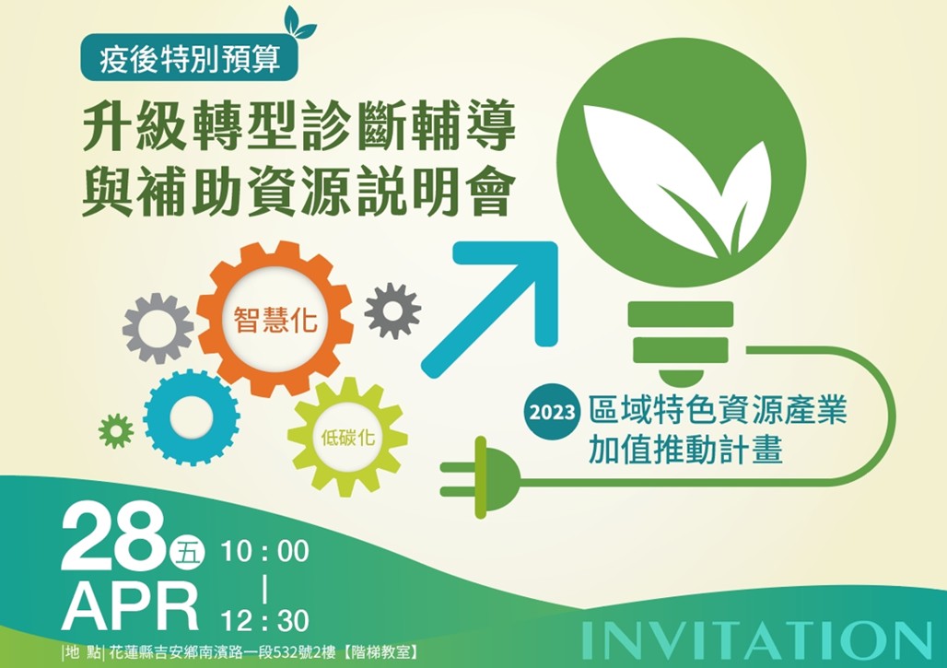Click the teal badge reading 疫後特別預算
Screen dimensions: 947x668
click(x=189, y=58)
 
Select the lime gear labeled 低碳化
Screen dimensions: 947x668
click(x=347, y=437)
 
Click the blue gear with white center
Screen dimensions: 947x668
click(x=192, y=417)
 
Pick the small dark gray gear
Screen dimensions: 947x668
click(x=392, y=311)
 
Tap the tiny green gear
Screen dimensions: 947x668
click(x=116, y=431)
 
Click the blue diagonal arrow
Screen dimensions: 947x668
click(x=490, y=309)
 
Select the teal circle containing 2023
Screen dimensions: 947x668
click(x=552, y=412)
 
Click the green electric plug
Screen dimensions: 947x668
click(x=482, y=478)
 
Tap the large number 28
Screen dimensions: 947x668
click(x=113, y=539)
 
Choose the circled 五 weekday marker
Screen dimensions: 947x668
click(x=188, y=552)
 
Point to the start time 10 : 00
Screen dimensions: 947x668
click(x=264, y=551)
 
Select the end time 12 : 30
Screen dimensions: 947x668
click(x=264, y=620)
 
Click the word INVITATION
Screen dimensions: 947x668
click(x=757, y=640)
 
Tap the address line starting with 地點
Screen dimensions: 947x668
click(x=240, y=653)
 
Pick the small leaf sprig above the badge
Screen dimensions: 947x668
click(x=299, y=22)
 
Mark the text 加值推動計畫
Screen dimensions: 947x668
click(x=685, y=450)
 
